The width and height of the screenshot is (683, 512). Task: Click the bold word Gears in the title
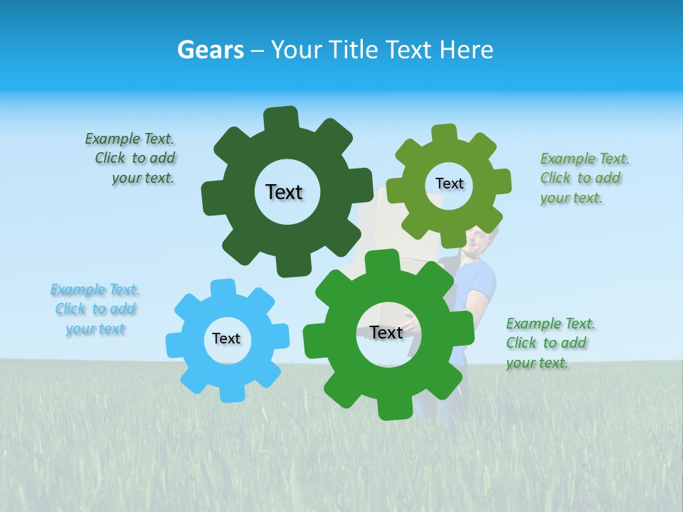click(x=210, y=50)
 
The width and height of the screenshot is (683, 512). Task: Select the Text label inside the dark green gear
click(x=284, y=192)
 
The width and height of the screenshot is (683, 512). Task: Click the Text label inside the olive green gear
click(x=449, y=183)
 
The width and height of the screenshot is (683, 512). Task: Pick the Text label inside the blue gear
click(x=226, y=338)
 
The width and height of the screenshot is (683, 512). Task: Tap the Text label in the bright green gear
click(x=386, y=332)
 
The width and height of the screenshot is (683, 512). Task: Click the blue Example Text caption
click(x=95, y=309)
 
